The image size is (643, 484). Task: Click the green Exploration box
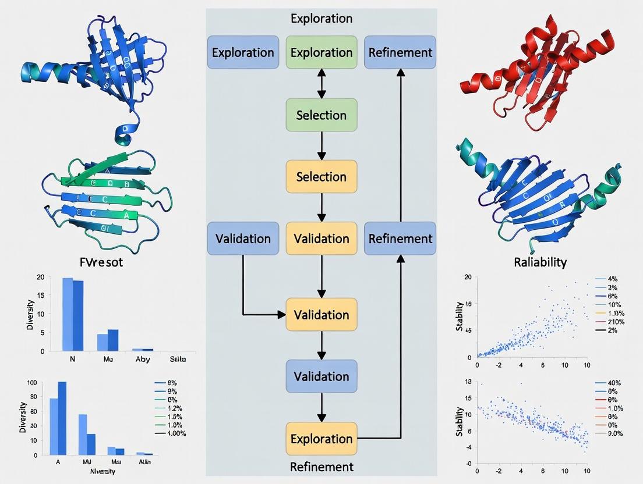click(x=321, y=52)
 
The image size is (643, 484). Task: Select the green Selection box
click(x=321, y=115)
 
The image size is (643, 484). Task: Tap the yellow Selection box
click(x=321, y=176)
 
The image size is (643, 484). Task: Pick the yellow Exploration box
click(x=321, y=439)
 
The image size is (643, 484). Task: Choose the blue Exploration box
click(x=243, y=52)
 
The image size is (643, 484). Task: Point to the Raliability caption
click(x=540, y=262)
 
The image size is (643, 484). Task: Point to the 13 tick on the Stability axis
click(x=467, y=383)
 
